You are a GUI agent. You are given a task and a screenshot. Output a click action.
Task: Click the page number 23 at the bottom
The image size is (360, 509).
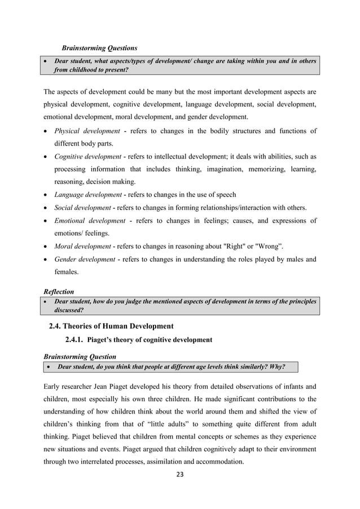(181, 473)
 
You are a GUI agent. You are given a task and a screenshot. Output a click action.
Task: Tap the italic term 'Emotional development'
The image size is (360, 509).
(90, 221)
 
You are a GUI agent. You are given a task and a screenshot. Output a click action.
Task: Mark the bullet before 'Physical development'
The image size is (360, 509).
(46, 131)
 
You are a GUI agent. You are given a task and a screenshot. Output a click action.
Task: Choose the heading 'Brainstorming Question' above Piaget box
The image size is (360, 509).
(80, 357)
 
